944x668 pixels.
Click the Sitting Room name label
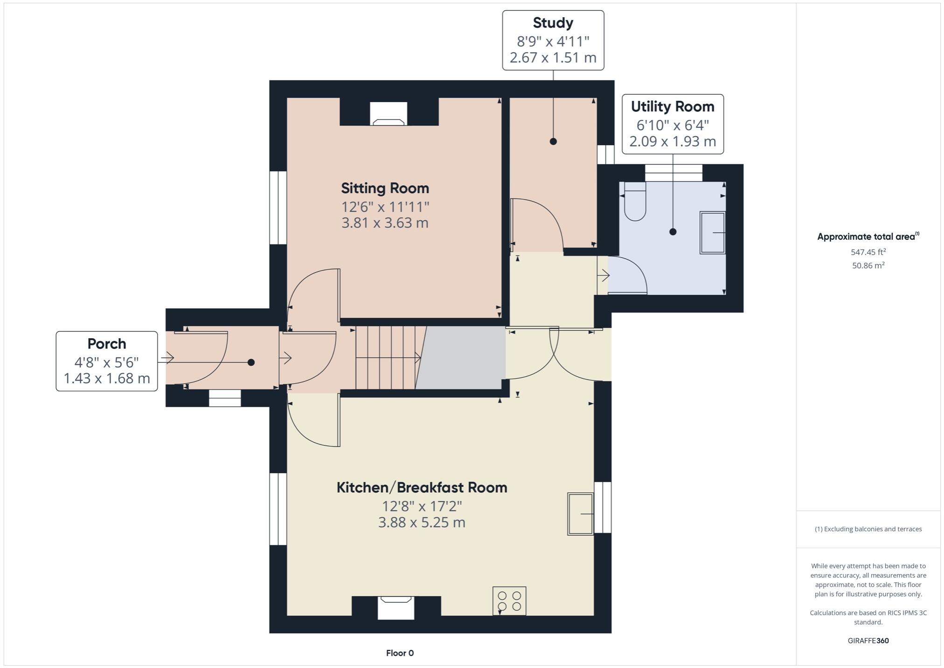pos(385,188)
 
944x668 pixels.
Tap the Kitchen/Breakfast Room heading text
pos(422,487)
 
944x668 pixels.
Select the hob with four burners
pos(509,601)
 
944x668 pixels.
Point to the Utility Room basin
pos(712,233)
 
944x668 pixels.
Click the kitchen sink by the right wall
pos(580,514)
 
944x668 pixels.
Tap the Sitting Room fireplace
pos(389,114)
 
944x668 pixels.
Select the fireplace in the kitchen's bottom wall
pos(396,607)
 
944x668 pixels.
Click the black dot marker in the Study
pos(553,141)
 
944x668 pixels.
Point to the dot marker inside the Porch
pos(251,362)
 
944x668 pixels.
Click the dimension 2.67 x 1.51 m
pos(553,58)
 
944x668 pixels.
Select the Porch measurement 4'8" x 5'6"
pos(106,362)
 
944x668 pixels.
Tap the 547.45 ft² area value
pos(868,252)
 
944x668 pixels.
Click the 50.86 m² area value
pos(868,265)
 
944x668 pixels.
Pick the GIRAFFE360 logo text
pos(868,640)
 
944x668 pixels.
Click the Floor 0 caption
pos(400,653)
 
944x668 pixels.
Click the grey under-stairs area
pos(462,358)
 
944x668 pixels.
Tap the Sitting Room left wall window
pos(278,208)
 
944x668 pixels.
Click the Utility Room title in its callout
pos(672,107)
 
